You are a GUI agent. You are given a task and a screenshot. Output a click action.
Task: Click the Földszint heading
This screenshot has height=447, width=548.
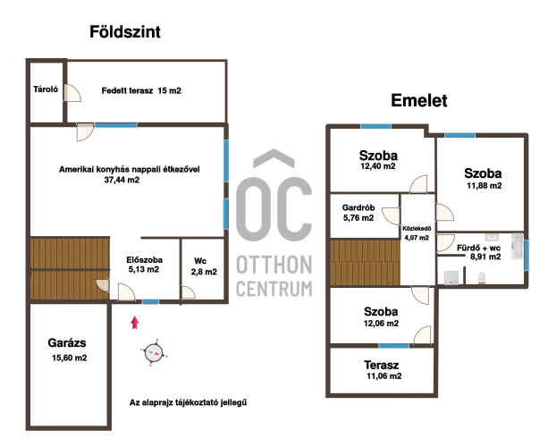tap(125, 32)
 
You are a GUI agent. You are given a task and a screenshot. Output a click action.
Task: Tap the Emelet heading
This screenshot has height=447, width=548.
tap(419, 101)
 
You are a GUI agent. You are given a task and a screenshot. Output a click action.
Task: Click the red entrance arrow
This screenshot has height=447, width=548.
tap(135, 323)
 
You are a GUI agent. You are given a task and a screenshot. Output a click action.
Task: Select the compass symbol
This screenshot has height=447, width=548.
tap(154, 353)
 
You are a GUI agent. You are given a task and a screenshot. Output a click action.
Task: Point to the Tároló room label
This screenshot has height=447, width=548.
tap(46, 89)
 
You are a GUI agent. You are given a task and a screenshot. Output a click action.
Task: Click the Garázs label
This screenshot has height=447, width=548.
tap(67, 343)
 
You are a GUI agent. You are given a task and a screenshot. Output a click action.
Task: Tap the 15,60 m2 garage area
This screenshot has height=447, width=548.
tap(69, 358)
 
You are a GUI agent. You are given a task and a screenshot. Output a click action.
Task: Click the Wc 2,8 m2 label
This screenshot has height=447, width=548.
tap(204, 266)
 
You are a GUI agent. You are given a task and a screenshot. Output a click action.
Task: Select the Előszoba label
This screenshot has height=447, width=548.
tap(144, 260)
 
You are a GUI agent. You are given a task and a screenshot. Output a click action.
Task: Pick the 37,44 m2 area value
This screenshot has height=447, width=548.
tap(122, 180)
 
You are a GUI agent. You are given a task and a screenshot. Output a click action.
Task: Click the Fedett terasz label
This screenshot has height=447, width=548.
tap(127, 91)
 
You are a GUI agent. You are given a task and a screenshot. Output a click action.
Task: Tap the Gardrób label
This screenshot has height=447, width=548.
tap(358, 207)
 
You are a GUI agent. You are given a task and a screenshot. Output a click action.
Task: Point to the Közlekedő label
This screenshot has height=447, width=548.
tap(417, 229)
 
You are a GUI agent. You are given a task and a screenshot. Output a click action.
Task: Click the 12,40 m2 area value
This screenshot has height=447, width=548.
tap(378, 166)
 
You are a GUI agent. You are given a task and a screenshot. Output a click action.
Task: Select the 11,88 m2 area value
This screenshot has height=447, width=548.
tap(484, 186)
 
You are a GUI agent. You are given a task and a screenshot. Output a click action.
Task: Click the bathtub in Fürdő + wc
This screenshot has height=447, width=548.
tap(518, 247)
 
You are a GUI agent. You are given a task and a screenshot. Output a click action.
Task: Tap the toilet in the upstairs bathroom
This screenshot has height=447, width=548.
tap(481, 277)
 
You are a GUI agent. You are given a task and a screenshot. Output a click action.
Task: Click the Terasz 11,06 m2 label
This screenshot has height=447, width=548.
tap(382, 370)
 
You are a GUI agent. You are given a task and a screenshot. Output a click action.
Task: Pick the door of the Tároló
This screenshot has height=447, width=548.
tap(72, 93)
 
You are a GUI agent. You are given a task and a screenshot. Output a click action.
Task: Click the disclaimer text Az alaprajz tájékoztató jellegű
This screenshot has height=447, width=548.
tap(188, 402)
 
